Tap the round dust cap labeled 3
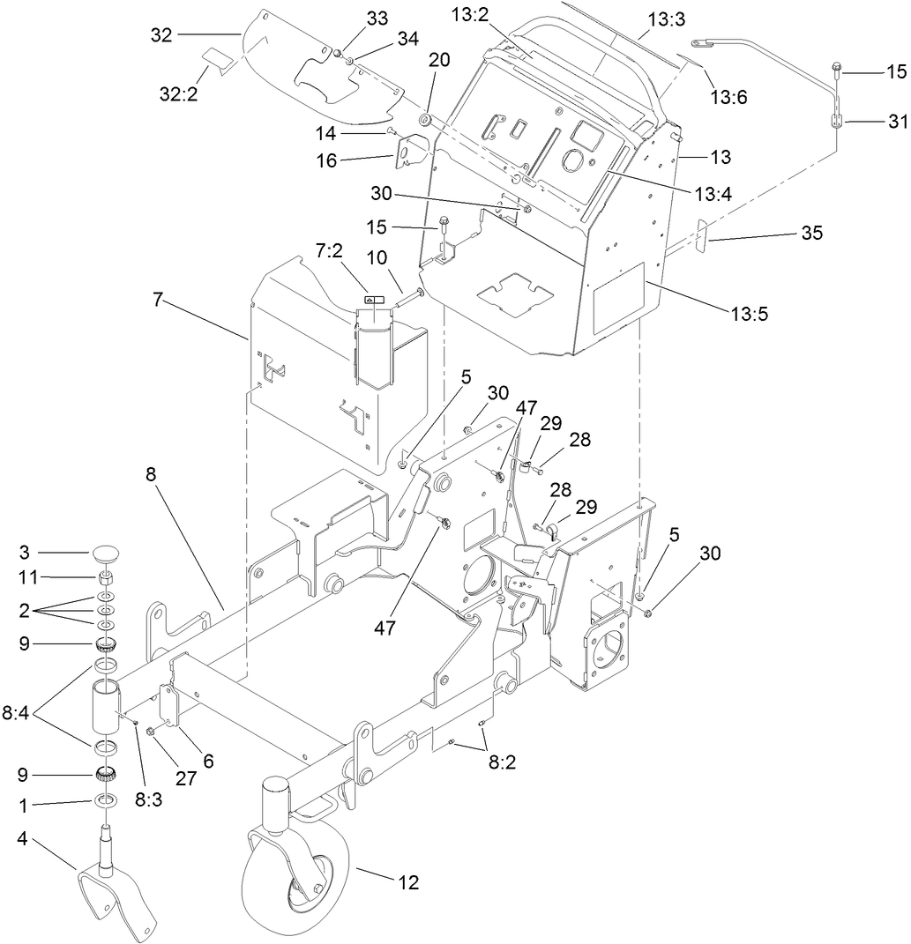pyautogui.click(x=107, y=555)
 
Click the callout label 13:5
pyautogui.click(x=749, y=312)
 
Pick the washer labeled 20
pyautogui.click(x=424, y=119)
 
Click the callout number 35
pyautogui.click(x=811, y=233)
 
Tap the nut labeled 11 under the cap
pyautogui.click(x=106, y=578)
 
